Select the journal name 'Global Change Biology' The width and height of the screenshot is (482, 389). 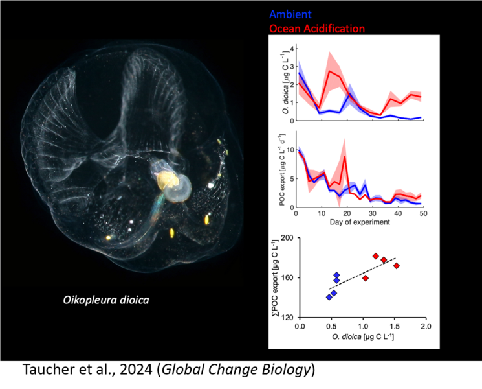[236, 370]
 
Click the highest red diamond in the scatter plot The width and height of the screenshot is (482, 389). [376, 256]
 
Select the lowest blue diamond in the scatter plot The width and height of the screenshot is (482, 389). [329, 297]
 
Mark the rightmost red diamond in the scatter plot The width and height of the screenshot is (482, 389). [397, 266]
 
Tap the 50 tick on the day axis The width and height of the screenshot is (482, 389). [422, 215]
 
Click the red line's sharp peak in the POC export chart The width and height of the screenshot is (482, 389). [345, 156]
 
